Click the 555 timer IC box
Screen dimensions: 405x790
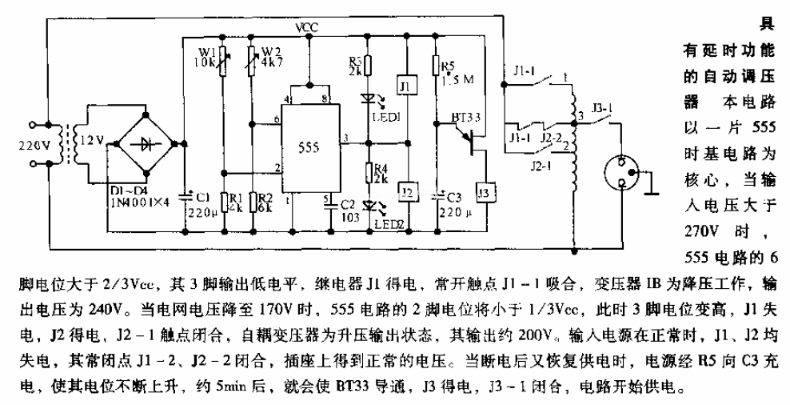[x=309, y=149]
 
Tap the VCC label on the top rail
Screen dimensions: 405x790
[x=307, y=28]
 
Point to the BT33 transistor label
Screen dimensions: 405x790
[x=466, y=118]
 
